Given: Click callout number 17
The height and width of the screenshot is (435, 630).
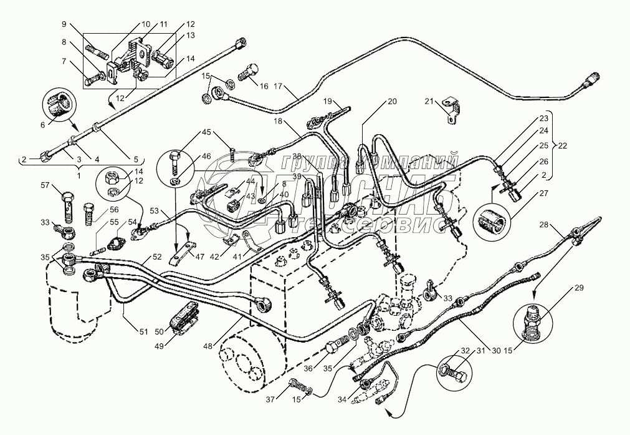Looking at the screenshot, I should pyautogui.click(x=278, y=87).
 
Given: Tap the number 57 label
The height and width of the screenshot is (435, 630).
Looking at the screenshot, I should pyautogui.click(x=44, y=185).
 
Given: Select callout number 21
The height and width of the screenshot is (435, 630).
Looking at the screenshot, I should pyautogui.click(x=429, y=101).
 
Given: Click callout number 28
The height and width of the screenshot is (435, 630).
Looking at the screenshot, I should pyautogui.click(x=545, y=225).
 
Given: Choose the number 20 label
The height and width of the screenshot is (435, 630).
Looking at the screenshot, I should pyautogui.click(x=391, y=101).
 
